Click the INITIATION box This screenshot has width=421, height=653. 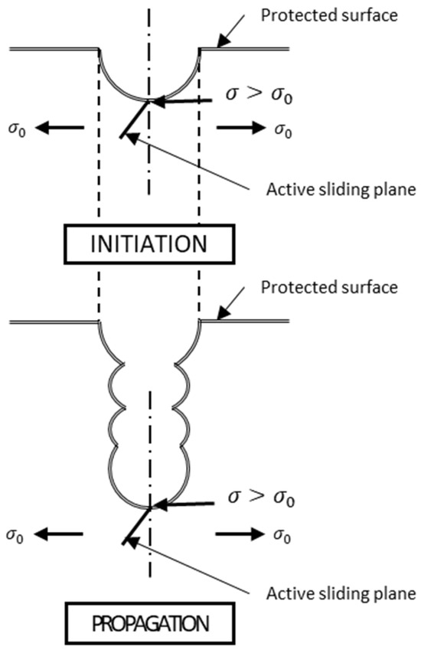pyautogui.click(x=149, y=244)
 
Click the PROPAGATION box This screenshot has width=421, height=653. pyautogui.click(x=150, y=623)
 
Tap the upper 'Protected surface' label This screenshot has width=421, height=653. pyautogui.click(x=329, y=15)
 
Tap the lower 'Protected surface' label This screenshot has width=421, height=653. pyautogui.click(x=329, y=287)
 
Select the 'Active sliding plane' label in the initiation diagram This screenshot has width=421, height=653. pyautogui.click(x=341, y=190)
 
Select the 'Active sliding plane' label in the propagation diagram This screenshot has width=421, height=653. pyautogui.click(x=341, y=593)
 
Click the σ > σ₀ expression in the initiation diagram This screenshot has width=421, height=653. pyautogui.click(x=259, y=95)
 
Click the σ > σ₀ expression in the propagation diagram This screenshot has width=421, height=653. pyautogui.click(x=261, y=498)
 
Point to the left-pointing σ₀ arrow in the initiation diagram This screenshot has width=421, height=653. pyautogui.click(x=60, y=127)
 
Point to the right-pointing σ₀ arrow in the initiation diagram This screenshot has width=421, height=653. pyautogui.click(x=240, y=127)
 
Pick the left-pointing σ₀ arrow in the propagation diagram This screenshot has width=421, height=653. pyautogui.click(x=59, y=534)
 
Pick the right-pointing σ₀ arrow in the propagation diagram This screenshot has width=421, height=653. pyautogui.click(x=240, y=534)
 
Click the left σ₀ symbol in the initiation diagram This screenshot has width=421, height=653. pyautogui.click(x=17, y=129)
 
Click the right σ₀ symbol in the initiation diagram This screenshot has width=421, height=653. pyautogui.click(x=283, y=129)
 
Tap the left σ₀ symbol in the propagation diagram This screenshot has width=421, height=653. pyautogui.click(x=15, y=536)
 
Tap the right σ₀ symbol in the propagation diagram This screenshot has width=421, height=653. pyautogui.click(x=282, y=536)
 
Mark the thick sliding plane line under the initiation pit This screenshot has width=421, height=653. pyautogui.click(x=135, y=119)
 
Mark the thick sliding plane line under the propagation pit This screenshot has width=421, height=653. pyautogui.click(x=136, y=526)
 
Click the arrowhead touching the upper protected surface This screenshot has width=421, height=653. pyautogui.click(x=224, y=41)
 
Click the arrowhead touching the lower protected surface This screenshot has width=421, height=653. pyautogui.click(x=224, y=313)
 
